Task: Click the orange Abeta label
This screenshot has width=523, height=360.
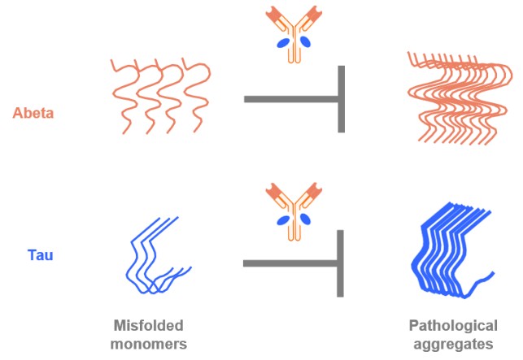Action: (x=33, y=113)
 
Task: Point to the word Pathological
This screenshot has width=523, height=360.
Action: (x=453, y=326)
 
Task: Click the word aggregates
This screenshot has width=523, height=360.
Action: (x=453, y=343)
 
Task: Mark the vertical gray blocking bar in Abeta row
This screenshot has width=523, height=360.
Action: (x=341, y=99)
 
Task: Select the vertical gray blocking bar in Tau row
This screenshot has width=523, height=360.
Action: (x=341, y=262)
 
